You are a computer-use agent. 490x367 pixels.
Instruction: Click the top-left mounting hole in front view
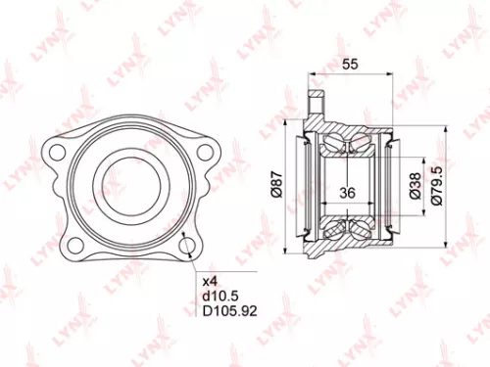(56, 151)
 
